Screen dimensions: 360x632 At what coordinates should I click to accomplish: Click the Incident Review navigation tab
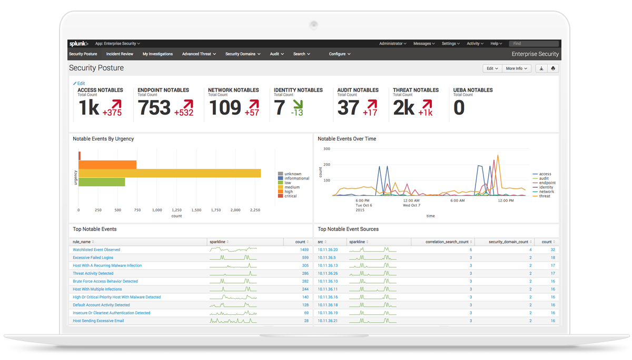click(120, 54)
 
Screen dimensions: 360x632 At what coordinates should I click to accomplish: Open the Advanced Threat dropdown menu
click(199, 54)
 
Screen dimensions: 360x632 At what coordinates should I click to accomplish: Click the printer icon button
click(553, 68)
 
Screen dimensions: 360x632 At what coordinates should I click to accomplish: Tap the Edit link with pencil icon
click(79, 83)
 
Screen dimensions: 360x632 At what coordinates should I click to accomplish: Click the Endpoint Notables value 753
click(154, 108)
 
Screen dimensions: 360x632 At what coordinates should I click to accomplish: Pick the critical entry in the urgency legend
click(290, 196)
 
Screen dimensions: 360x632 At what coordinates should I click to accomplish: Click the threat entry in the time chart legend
click(544, 196)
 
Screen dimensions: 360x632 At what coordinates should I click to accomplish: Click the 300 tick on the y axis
click(327, 149)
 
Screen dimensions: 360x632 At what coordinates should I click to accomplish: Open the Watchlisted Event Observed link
click(96, 249)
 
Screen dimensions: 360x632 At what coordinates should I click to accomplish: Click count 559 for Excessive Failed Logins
click(305, 258)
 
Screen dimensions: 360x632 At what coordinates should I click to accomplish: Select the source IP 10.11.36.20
click(328, 249)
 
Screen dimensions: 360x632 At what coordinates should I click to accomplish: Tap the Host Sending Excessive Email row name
click(98, 321)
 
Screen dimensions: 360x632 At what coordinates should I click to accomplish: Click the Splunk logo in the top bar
click(78, 44)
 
